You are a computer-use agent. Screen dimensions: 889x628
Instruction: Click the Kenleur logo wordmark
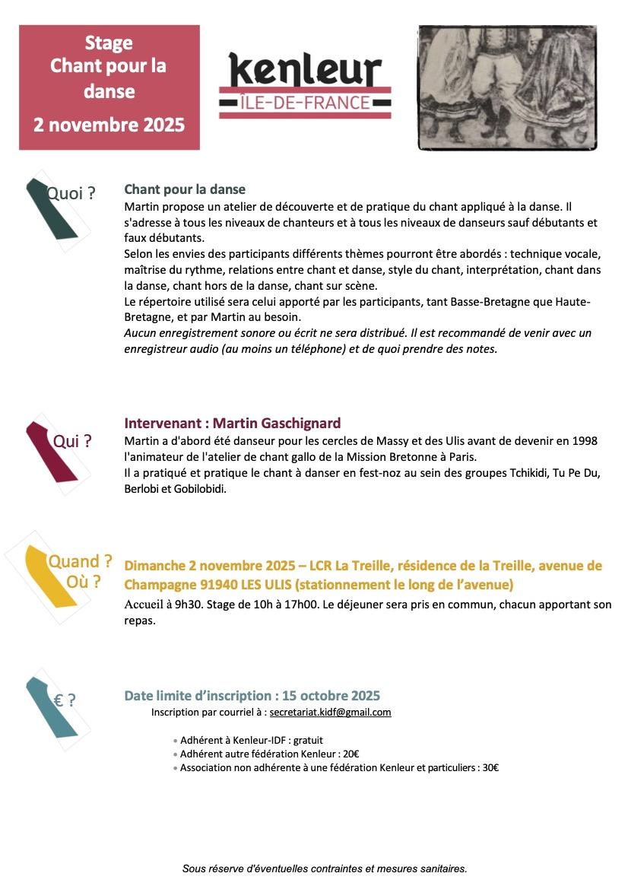coord(305,71)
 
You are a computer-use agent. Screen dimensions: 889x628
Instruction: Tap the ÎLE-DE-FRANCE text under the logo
coord(305,103)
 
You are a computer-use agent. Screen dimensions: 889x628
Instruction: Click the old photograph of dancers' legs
coord(507,87)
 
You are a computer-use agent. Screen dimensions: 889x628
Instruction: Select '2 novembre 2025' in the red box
coord(109,125)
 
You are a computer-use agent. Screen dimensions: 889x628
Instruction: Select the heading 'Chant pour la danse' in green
coord(185,189)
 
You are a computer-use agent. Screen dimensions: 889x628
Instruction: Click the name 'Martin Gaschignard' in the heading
coord(277,424)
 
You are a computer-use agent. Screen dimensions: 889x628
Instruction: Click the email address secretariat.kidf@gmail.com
coord(330,713)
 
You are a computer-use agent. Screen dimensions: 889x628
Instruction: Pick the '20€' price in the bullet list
coord(350,754)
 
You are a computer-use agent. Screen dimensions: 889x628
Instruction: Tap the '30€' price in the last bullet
coord(490,768)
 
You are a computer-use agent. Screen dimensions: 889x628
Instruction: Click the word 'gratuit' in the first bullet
coord(308,740)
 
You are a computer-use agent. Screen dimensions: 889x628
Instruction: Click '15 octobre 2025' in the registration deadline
coord(331,696)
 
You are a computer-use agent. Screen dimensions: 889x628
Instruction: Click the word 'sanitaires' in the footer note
coord(441,868)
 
